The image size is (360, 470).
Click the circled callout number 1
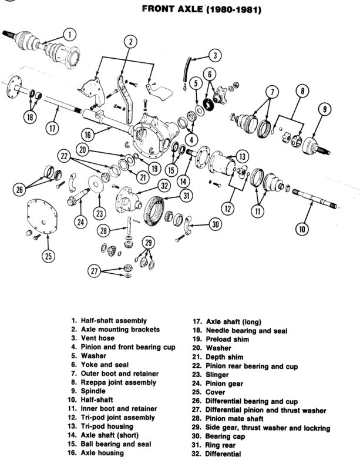click(69, 35)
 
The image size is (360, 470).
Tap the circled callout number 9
click(325, 110)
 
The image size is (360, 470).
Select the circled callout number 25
click(48, 256)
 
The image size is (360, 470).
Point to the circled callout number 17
click(52, 128)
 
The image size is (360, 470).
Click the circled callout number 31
click(186, 196)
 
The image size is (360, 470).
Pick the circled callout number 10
click(302, 229)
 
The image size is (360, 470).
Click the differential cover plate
click(42, 216)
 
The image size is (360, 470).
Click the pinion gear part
click(78, 198)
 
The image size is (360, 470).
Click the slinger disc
click(96, 184)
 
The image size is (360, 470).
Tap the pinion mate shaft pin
click(129, 226)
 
